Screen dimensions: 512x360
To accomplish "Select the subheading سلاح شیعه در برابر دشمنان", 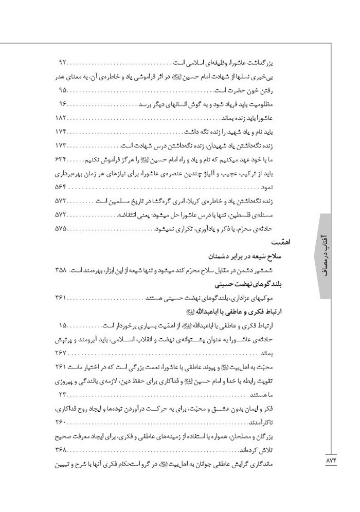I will click(242, 255).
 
